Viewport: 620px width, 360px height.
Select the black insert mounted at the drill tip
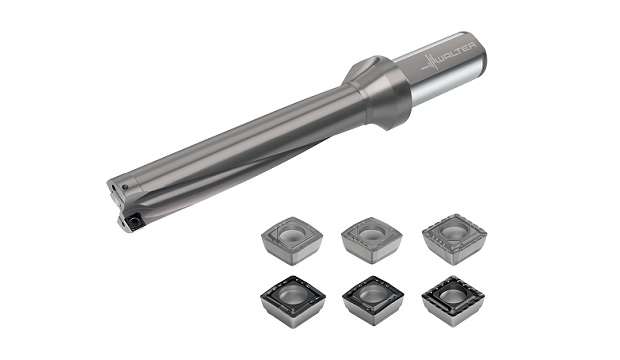[134, 222]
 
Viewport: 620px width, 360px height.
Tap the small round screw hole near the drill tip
[126, 187]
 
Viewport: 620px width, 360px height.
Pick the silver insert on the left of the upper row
[292, 241]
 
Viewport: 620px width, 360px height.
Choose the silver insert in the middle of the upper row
[372, 241]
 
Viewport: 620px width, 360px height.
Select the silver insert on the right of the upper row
[455, 240]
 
